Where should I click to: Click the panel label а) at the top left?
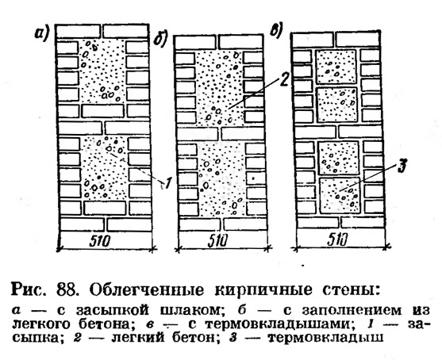42,33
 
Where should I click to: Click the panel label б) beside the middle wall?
160,40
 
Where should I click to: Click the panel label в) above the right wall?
277,30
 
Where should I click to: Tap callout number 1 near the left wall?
167,184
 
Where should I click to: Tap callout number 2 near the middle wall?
283,79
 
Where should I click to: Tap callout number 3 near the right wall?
402,166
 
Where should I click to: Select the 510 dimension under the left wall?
99,241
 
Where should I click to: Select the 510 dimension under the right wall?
337,240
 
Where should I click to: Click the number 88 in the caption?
67,290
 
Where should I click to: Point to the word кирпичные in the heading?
263,290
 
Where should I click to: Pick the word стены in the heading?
349,290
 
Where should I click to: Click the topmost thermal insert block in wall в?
336,67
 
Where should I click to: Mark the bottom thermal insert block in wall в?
340,196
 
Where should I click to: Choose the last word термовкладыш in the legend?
325,338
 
